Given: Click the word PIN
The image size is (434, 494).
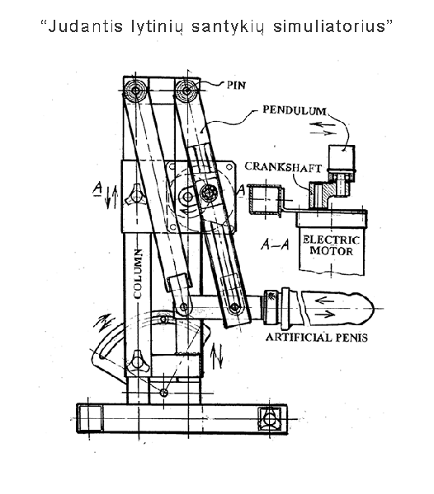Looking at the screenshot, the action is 236,85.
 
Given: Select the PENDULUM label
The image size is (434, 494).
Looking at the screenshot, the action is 295,110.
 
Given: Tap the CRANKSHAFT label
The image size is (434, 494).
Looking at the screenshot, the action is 283,166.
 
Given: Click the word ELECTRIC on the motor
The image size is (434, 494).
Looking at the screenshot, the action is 331,240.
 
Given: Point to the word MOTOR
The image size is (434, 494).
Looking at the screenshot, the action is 331,251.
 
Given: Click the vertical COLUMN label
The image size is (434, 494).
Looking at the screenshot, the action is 138,273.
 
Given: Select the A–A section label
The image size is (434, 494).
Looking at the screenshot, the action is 275,244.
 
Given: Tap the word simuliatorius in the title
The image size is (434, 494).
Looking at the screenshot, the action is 329,26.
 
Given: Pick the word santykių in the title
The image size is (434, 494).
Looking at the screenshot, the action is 228,27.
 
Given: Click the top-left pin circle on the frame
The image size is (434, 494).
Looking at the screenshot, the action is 135,90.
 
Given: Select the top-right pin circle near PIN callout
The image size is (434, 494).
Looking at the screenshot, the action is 186,90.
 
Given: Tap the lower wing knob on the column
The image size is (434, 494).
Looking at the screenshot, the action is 138,361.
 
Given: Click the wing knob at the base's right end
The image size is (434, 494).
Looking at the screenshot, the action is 269,419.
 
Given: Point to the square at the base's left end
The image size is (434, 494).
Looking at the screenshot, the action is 90,418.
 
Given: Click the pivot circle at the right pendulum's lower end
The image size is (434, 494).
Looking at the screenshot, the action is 234,306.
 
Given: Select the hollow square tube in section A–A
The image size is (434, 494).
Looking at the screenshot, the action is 265,199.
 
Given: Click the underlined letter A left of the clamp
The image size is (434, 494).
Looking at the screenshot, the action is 98,189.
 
